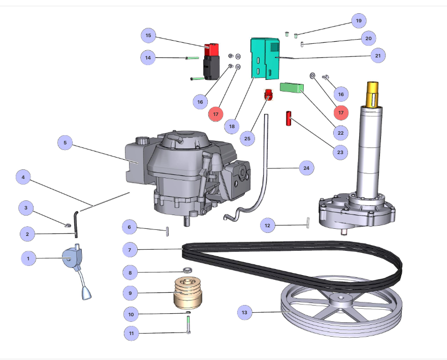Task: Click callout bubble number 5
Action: click(65, 143)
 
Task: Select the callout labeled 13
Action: click(245, 313)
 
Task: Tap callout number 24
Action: click(306, 167)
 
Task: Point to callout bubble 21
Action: click(377, 55)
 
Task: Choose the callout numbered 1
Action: click(28, 258)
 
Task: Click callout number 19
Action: click(359, 21)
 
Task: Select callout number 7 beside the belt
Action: click(130, 250)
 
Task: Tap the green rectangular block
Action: click(292, 87)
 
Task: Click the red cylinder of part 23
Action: click(288, 118)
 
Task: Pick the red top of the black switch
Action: click(210, 50)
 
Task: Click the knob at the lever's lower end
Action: click(85, 293)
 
